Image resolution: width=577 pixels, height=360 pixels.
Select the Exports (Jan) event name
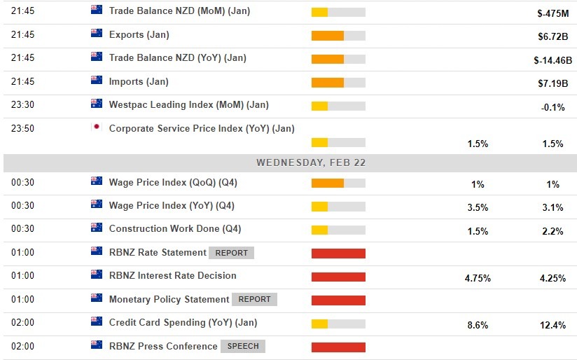pyautogui.click(x=139, y=35)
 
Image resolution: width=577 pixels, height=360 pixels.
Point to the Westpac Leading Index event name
pyautogui.click(x=188, y=104)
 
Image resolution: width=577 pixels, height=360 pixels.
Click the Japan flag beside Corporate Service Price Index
pyautogui.click(x=97, y=128)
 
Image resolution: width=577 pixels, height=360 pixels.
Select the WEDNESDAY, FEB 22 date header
pyautogui.click(x=311, y=162)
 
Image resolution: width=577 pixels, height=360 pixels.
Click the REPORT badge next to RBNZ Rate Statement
pyautogui.click(x=231, y=253)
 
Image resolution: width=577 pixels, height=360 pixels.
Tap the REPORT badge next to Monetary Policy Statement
pyautogui.click(x=254, y=299)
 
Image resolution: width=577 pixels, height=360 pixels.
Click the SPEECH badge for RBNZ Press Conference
pyautogui.click(x=243, y=346)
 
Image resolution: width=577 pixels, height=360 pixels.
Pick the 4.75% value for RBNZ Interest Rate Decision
pyautogui.click(x=478, y=278)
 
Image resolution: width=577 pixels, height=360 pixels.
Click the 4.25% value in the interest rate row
pyautogui.click(x=552, y=278)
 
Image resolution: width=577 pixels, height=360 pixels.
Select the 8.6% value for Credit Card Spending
pyautogui.click(x=478, y=326)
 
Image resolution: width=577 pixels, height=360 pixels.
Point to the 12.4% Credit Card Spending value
pyautogui.click(x=552, y=326)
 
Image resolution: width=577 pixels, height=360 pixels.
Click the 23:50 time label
pyautogui.click(x=22, y=128)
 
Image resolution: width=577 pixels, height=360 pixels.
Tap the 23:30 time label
pyautogui.click(x=22, y=105)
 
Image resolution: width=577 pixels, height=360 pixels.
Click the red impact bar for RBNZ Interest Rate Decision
pyautogui.click(x=338, y=277)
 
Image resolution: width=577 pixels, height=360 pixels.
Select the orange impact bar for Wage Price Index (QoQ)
pyautogui.click(x=327, y=184)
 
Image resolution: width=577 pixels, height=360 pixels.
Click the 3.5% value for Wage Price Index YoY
pyautogui.click(x=478, y=207)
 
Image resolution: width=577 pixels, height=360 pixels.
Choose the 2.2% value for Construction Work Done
pyautogui.click(x=552, y=231)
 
